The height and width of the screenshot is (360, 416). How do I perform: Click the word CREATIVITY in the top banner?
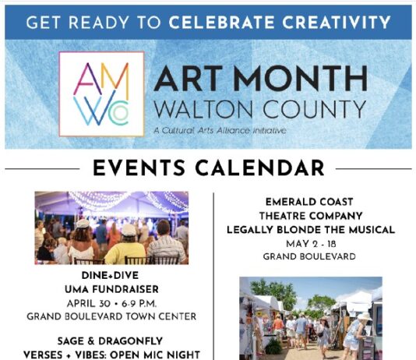[x=336, y=23]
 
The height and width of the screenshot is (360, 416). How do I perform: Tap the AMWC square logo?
[x=101, y=94]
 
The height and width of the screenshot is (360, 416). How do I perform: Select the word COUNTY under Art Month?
[x=315, y=109]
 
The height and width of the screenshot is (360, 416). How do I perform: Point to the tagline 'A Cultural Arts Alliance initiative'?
[x=220, y=131]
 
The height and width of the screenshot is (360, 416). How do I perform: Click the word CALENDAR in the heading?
[x=259, y=168]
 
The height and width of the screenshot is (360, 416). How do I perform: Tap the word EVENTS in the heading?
[x=139, y=168]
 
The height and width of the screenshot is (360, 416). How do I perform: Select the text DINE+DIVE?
[x=110, y=275]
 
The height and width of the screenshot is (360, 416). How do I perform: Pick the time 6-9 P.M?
[x=139, y=304]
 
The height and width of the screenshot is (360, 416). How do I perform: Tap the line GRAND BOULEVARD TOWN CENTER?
[x=111, y=316]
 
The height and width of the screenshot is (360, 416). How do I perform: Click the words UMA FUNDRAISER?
[x=111, y=289]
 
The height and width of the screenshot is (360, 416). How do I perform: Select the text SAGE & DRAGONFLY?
[x=110, y=341]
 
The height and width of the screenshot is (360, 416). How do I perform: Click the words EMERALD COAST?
[x=309, y=202]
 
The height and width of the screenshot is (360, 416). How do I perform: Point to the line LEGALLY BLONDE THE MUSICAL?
[x=311, y=230]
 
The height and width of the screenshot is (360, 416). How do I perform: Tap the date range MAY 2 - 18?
[x=311, y=244]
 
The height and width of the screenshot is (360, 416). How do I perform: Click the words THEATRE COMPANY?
[x=311, y=216]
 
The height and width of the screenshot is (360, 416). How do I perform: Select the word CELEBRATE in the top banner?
[x=221, y=23]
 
